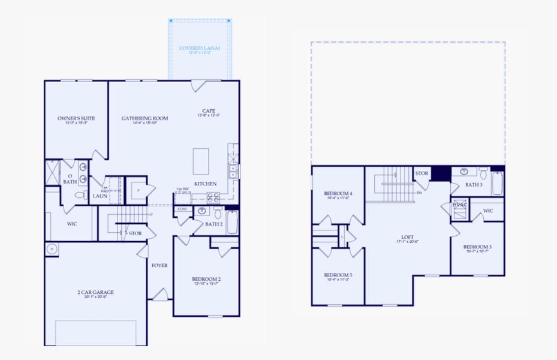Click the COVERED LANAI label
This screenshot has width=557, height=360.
[200, 48]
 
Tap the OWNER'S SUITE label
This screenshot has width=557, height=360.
[76, 118]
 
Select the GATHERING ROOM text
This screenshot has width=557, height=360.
[144, 118]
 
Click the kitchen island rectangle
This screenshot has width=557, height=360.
[201, 161]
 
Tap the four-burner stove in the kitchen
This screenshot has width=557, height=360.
[213, 196]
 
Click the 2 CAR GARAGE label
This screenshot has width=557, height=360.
[95, 293]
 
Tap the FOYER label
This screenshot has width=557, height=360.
[159, 265]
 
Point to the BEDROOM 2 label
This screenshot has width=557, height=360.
[206, 279]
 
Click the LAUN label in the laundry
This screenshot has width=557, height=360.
[100, 196]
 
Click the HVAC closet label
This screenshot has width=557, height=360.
[460, 205]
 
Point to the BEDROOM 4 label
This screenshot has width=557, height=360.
[338, 193]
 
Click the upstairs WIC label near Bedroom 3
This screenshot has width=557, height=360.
[487, 211]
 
